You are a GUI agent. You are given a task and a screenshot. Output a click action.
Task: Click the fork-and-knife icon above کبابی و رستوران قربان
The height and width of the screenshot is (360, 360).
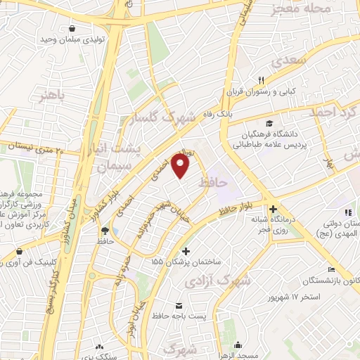[x=262, y=79]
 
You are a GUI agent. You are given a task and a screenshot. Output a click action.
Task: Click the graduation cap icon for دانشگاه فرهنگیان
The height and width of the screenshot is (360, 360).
[x=270, y=124]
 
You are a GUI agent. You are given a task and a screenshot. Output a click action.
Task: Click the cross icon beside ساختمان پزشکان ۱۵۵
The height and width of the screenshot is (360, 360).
[x=186, y=251]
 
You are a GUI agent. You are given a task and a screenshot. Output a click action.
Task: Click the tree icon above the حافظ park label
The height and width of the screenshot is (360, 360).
[x=105, y=229]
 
